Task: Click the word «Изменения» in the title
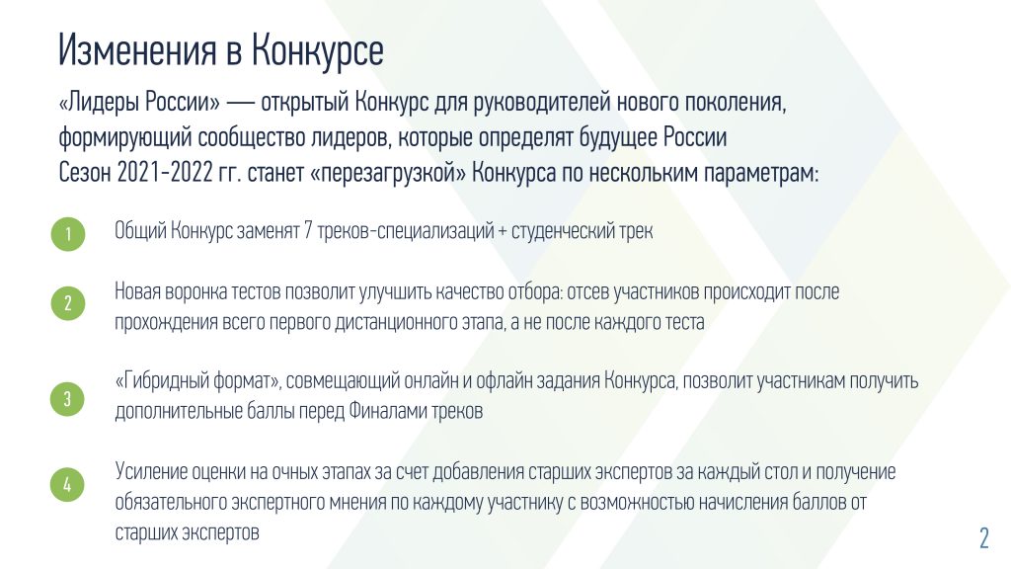[136, 49]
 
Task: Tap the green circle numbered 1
[68, 233]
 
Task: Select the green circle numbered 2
[68, 303]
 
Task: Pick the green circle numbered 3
[68, 399]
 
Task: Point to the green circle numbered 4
[68, 484]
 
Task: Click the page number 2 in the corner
[983, 537]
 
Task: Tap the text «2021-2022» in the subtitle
[165, 172]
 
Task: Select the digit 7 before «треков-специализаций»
[308, 230]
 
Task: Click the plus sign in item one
[503, 231]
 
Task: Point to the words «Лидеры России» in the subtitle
[138, 103]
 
